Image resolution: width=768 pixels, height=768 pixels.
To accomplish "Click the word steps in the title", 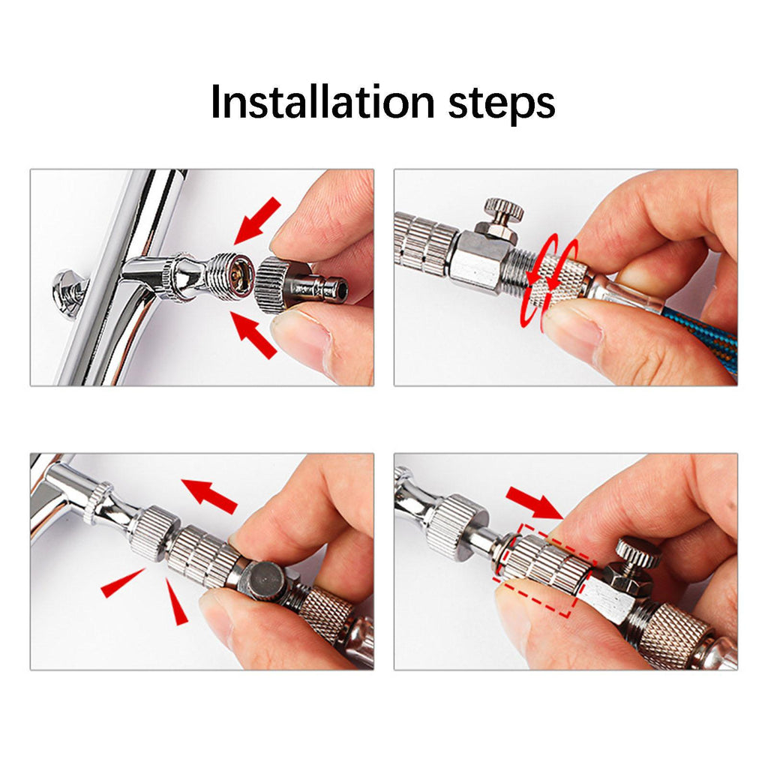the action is point(502,104).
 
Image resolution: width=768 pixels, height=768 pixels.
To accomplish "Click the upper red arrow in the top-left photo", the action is point(258,220).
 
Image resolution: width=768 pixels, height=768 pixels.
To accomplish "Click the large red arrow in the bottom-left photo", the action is point(210,496).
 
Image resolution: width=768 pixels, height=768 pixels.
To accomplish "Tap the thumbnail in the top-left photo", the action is point(298,333).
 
